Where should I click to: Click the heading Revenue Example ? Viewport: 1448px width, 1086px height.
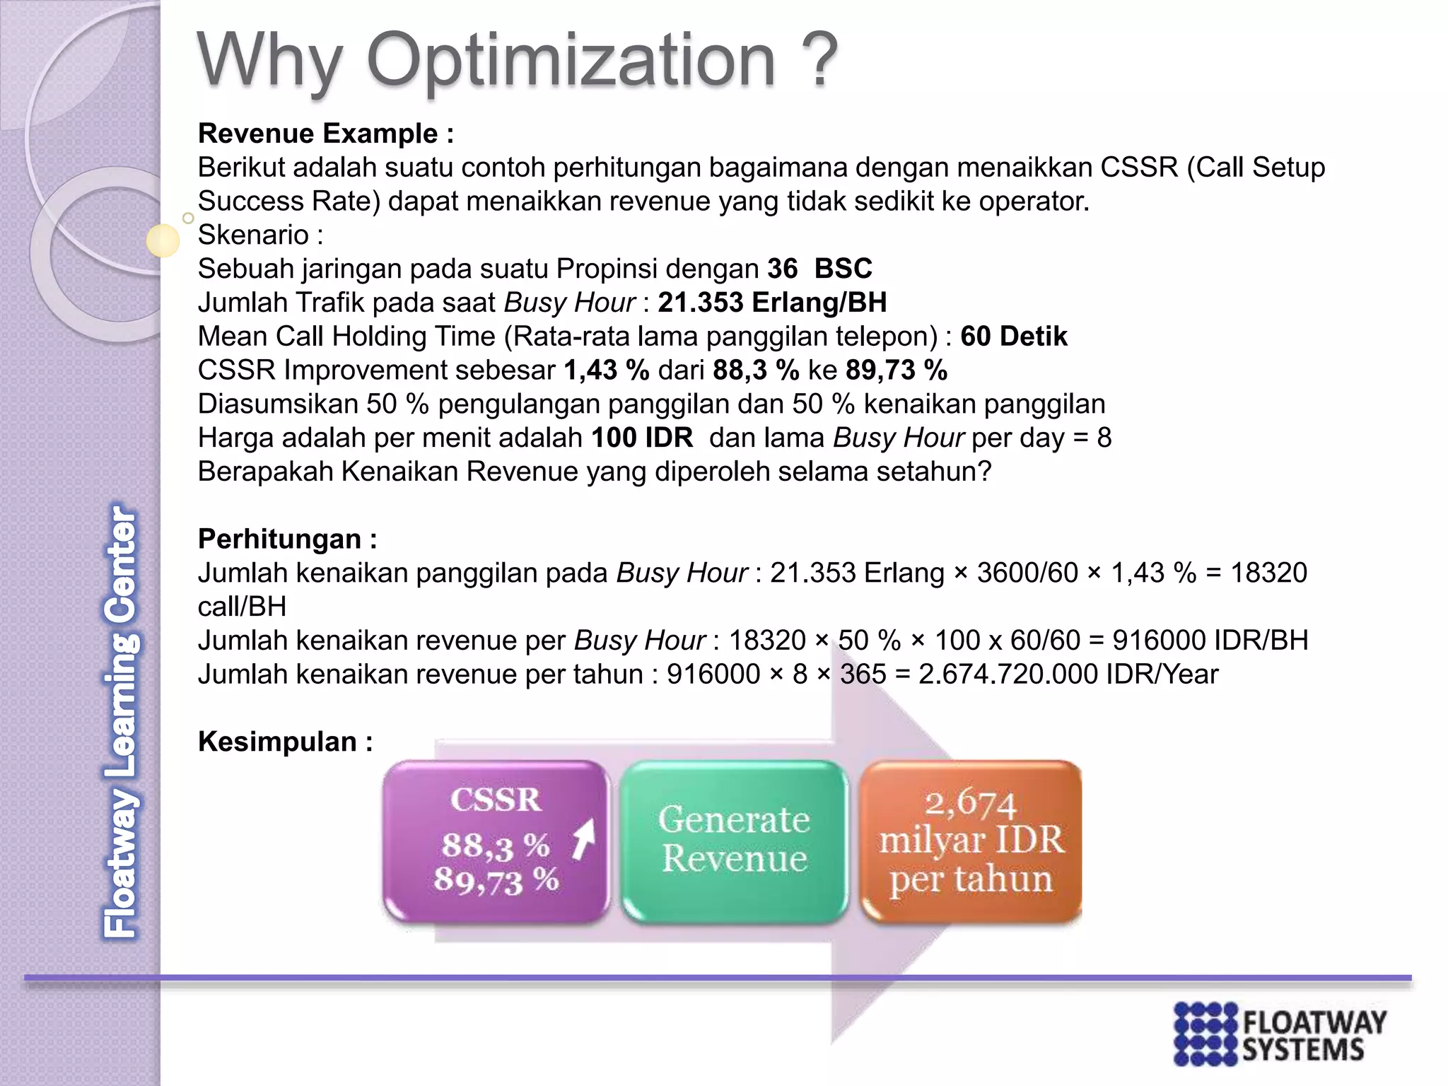(325, 134)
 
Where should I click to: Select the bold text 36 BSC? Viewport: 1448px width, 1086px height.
(819, 269)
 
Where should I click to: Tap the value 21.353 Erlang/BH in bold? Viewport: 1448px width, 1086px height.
(772, 303)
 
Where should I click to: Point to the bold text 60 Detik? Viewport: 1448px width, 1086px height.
(1013, 337)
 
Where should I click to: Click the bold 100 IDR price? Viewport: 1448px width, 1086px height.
(641, 438)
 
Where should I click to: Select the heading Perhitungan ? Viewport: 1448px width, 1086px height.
(287, 539)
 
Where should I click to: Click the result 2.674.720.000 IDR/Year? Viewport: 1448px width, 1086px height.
(1068, 675)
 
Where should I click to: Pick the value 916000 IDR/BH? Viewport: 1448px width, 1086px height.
(1210, 641)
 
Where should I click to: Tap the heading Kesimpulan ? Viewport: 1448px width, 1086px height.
(285, 742)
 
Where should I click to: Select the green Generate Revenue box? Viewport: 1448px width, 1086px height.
(734, 841)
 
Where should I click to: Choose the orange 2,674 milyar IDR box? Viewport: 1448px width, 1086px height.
(971, 841)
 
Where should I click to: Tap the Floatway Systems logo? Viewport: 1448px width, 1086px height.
(1280, 1034)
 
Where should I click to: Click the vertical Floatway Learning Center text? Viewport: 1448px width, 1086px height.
(120, 721)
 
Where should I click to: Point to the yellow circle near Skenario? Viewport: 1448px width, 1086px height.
(163, 240)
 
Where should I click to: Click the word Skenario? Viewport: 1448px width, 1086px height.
(253, 235)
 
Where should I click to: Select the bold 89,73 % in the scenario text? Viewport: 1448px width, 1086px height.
(896, 370)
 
